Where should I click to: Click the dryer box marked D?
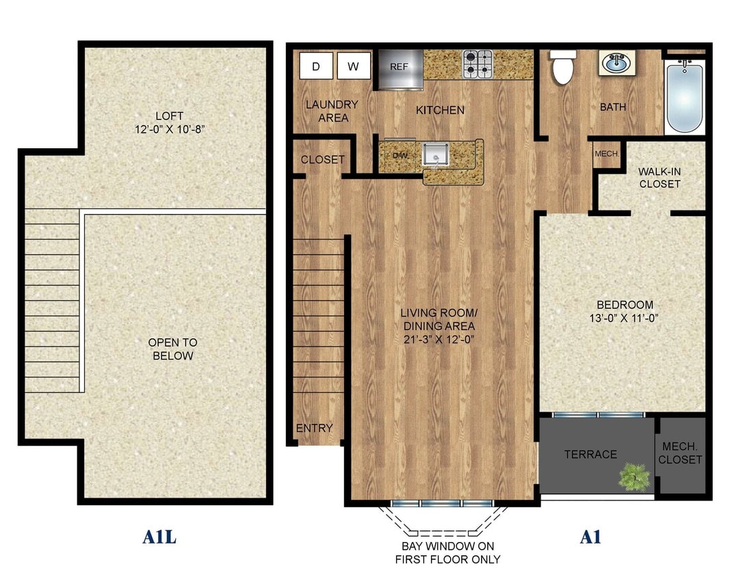[316, 66]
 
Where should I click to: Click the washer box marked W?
[354, 66]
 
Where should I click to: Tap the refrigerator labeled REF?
[399, 68]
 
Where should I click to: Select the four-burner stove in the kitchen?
[478, 64]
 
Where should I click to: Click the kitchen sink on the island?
[434, 154]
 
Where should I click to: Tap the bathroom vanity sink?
[616, 64]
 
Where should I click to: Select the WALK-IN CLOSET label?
[659, 177]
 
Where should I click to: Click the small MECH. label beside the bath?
[607, 154]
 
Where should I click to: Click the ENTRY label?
[314, 429]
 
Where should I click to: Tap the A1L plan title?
[159, 537]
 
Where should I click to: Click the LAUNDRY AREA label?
[332, 111]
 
